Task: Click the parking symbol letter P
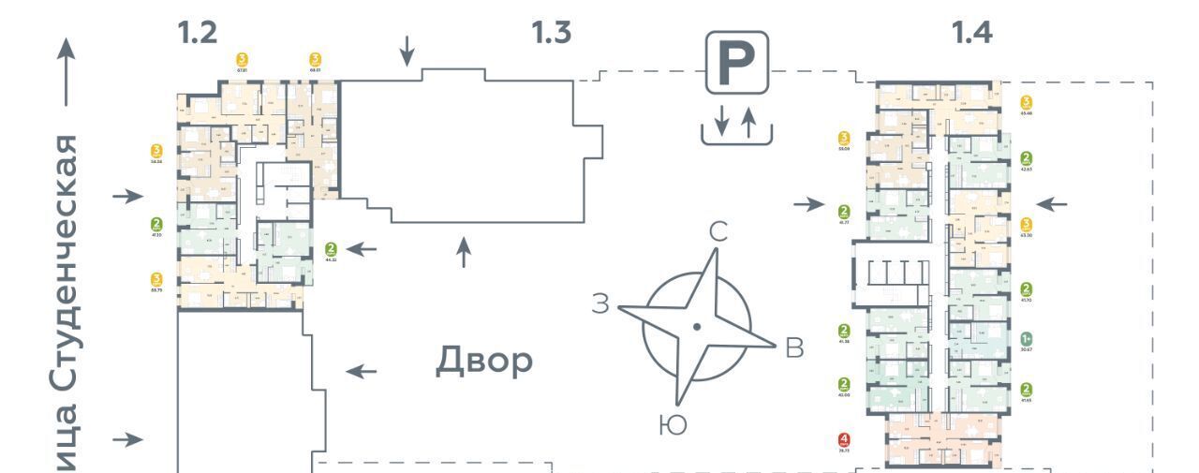coord(736,63)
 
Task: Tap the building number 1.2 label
coord(198,33)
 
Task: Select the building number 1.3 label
coord(551,33)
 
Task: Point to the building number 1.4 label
coord(971,33)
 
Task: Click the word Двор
coord(484,361)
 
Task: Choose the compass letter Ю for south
coord(673,425)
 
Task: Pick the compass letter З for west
coord(601,303)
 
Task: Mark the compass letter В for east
coord(794,347)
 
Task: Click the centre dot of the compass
coord(697,326)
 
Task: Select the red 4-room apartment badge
coord(844,439)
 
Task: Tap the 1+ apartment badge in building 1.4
coord(1027,339)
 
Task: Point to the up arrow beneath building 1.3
coord(464,252)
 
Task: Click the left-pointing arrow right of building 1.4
coord(1051,203)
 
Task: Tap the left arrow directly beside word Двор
coord(362,372)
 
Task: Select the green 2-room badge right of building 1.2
coord(331,249)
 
